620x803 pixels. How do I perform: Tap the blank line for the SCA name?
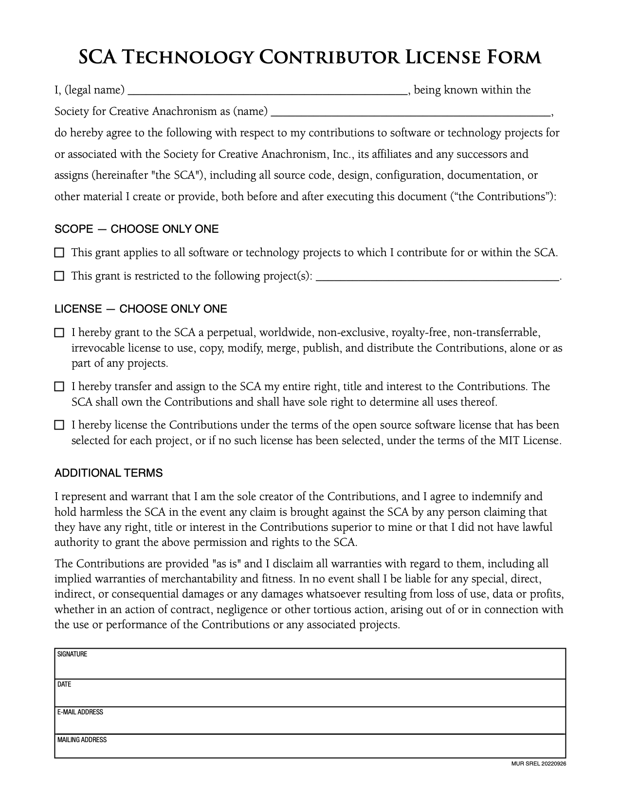tap(410, 112)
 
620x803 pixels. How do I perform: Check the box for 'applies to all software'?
tap(59, 253)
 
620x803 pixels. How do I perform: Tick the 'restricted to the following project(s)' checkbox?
tap(59, 276)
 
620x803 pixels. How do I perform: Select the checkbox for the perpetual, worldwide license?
tap(59, 333)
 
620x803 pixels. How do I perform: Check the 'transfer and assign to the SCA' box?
tap(59, 387)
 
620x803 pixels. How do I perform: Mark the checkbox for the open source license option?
tap(59, 425)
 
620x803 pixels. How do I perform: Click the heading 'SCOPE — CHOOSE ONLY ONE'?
tap(136, 229)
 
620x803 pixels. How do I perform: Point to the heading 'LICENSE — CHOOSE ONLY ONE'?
tap(141, 309)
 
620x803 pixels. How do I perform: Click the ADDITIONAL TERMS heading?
tap(109, 473)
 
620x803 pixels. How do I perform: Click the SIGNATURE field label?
tap(72, 654)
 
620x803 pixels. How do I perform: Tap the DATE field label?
tap(64, 684)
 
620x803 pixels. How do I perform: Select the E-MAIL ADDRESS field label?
tap(80, 712)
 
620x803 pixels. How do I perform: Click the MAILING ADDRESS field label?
tap(82, 740)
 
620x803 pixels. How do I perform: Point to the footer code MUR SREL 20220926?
tap(539, 763)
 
